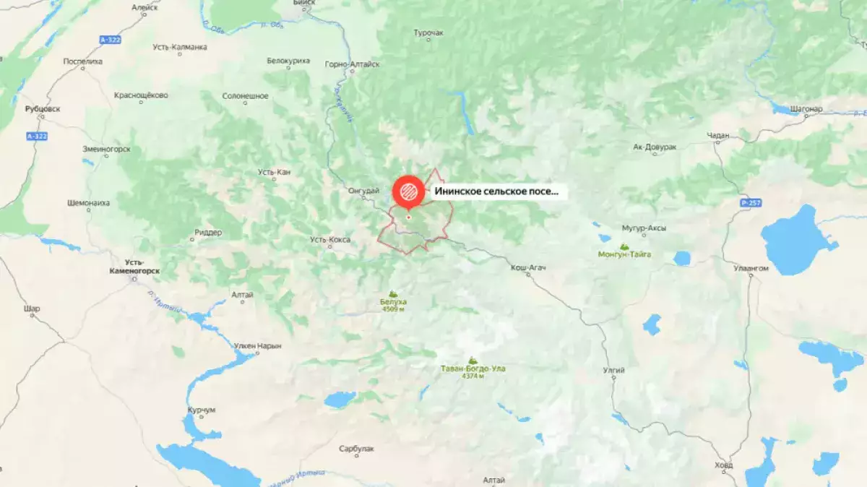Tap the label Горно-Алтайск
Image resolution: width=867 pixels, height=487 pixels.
coord(353,64)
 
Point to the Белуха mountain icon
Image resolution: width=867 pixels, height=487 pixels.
coord(393,294)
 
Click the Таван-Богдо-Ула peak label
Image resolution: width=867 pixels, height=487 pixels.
coord(473,369)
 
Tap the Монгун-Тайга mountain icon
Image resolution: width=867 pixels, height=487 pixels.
coord(624,247)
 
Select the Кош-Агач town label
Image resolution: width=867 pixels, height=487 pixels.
coord(528,268)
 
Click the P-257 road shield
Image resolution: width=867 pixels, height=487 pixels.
coord(749,203)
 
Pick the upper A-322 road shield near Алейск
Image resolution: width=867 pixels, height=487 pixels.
coord(110,40)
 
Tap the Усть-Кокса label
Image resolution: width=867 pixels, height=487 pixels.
coord(329,239)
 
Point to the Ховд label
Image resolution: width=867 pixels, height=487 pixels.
coord(722,465)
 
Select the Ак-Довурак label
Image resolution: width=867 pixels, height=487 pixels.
coord(655,147)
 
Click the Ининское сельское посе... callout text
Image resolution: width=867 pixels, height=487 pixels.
coord(496,192)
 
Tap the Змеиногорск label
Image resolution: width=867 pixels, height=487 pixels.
coord(106,149)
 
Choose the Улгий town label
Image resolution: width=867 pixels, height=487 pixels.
coord(613,371)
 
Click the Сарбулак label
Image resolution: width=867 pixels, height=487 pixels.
coord(356,449)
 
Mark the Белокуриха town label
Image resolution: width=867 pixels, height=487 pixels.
coord(288,61)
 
